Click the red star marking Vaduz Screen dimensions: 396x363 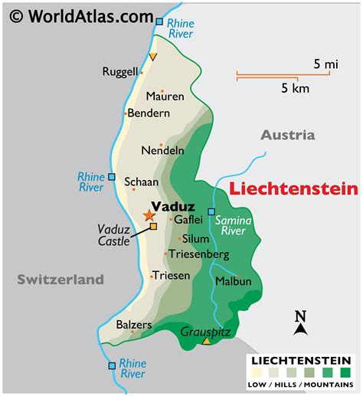(x=149, y=216)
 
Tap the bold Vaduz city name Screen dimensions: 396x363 (x=172, y=206)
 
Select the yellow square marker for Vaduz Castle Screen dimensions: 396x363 (x=153, y=227)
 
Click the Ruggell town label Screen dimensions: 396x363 (x=120, y=72)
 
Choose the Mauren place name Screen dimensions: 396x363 (x=165, y=97)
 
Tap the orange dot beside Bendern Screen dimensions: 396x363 (x=125, y=113)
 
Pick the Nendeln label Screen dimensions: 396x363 (x=163, y=150)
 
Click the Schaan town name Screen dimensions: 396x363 (x=142, y=182)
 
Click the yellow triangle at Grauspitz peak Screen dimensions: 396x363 (x=206, y=341)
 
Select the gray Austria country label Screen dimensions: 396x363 (x=287, y=135)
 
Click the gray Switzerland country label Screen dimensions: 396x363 (x=60, y=280)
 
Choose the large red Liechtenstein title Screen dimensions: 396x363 (x=294, y=188)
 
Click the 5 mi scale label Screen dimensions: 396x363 (x=325, y=64)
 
